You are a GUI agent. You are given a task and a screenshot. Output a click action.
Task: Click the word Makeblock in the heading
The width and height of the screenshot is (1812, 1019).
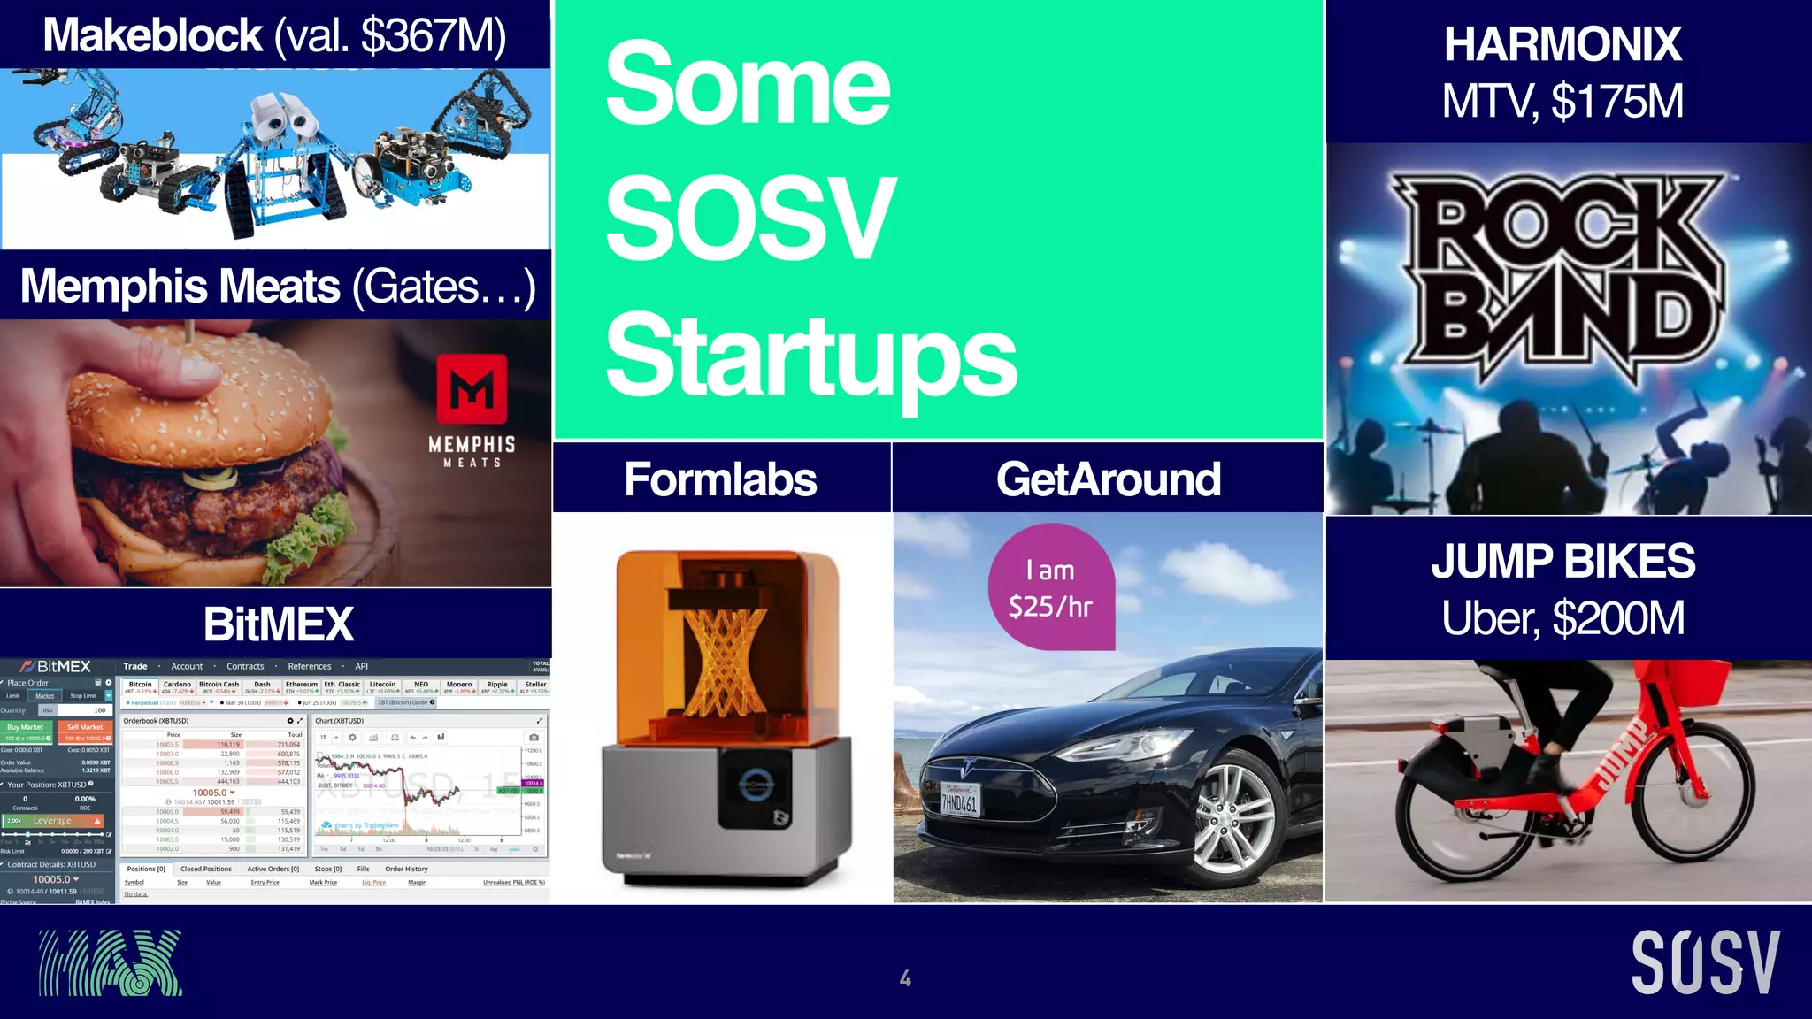point(152,35)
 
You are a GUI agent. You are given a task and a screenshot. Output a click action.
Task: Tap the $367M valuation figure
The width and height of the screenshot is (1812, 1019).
point(434,35)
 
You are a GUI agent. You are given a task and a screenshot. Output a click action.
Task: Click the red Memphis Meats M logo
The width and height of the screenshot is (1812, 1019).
point(472,389)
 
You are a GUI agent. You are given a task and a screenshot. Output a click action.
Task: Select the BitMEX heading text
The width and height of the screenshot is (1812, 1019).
point(279,624)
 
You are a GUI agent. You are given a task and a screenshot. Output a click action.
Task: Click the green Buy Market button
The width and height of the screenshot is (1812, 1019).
point(26,727)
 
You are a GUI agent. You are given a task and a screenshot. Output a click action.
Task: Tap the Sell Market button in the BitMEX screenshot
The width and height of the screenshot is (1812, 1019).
point(85,727)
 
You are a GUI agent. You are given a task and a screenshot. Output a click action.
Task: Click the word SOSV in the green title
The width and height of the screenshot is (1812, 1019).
point(750,218)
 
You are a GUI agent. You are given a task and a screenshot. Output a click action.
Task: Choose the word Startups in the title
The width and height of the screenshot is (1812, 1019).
point(810,356)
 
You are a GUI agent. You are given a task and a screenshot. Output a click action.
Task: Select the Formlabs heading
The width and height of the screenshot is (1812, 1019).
point(720,479)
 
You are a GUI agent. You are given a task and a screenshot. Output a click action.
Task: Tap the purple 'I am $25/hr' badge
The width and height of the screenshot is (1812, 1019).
point(1051,588)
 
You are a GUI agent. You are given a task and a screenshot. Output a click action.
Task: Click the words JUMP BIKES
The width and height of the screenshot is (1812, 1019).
point(1562,562)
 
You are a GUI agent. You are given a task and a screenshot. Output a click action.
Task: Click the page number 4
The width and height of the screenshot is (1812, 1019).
point(905,977)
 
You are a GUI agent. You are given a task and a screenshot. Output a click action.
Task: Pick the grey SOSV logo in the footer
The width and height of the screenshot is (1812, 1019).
point(1705,962)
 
